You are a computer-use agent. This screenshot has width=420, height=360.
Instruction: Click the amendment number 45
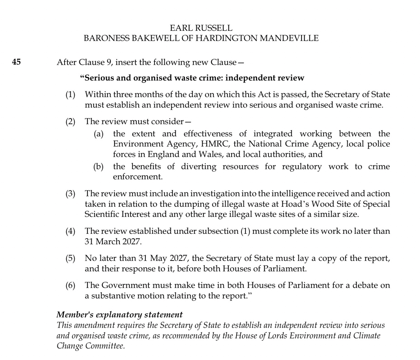coord(17,62)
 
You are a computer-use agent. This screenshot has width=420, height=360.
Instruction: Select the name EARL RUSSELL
coord(201,28)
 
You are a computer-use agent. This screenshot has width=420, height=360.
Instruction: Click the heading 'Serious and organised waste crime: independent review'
coord(192,78)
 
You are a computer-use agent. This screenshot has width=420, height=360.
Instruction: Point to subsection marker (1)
coord(70,95)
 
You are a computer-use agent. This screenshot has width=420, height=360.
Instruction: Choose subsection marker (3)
coord(70,194)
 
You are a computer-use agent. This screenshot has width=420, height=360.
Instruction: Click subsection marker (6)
coord(70,285)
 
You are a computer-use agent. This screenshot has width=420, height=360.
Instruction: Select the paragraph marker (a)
coord(98,134)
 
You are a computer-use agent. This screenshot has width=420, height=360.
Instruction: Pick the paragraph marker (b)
coord(98,166)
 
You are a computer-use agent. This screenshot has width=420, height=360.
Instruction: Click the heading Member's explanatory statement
coord(120,315)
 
